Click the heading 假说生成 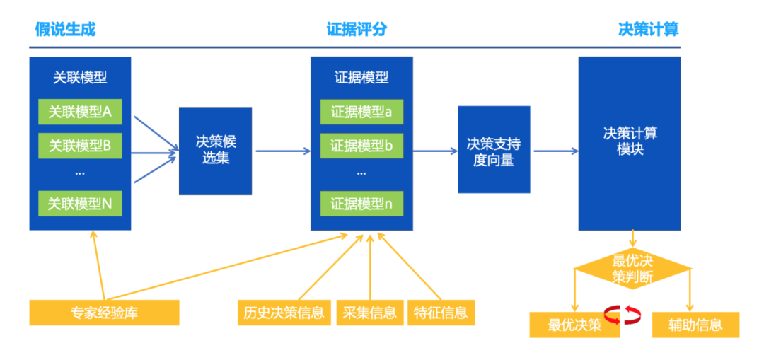point(65,29)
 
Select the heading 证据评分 point(357,29)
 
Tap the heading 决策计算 point(648,29)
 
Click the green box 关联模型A point(80,112)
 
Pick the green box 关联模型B point(80,146)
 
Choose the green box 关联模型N point(80,204)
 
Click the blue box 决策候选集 point(215,151)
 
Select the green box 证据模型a point(361,112)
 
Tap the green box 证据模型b point(361,146)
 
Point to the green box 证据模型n point(361,204)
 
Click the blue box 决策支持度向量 point(494,151)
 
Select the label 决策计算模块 point(630,141)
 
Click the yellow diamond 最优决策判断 point(632,269)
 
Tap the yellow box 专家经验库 point(104,312)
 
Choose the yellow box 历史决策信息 point(284,312)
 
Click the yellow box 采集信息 point(369,312)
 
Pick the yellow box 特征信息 point(441,312)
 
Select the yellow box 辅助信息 point(695,325)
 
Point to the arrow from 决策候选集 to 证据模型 point(282,151)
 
